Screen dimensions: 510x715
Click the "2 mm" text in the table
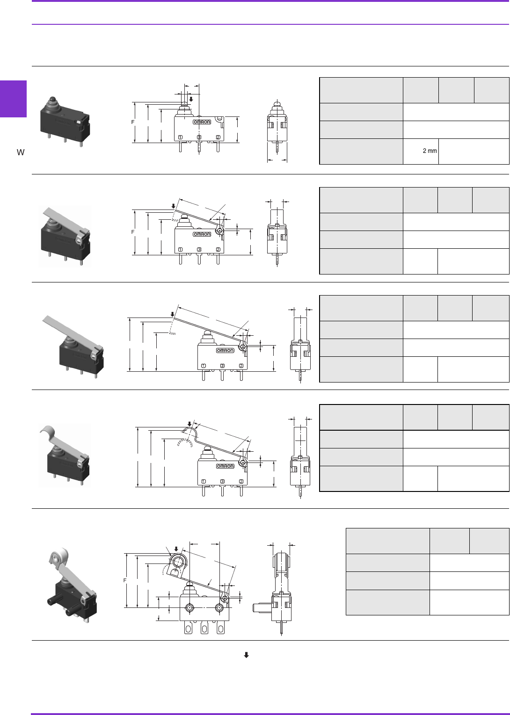pyautogui.click(x=430, y=151)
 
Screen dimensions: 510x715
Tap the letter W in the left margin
pyautogui.click(x=21, y=152)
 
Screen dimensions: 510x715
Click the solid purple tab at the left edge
pyautogui.click(x=13, y=99)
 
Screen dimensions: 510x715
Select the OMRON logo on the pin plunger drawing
pyautogui.click(x=202, y=122)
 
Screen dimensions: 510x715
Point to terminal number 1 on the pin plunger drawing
pyautogui.click(x=180, y=137)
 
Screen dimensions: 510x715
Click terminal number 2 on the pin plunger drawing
pyautogui.click(x=218, y=137)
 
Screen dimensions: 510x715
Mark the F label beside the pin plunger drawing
pyautogui.click(x=133, y=122)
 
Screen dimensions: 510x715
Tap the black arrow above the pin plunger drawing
pyautogui.click(x=191, y=99)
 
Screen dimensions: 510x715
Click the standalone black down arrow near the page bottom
pyautogui.click(x=246, y=655)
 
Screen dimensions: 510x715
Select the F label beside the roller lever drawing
pyautogui.click(x=125, y=580)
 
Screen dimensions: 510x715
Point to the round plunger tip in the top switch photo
pyautogui.click(x=52, y=100)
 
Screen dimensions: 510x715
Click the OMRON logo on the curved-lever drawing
pyautogui.click(x=225, y=466)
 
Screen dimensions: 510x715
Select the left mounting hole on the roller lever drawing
pyautogui.click(x=189, y=608)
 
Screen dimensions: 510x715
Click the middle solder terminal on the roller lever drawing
pyautogui.click(x=204, y=628)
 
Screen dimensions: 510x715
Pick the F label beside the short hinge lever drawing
pyautogui.click(x=133, y=232)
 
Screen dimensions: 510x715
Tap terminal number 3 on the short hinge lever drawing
pyautogui.click(x=199, y=249)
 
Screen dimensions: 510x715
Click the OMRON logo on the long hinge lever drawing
pyautogui.click(x=225, y=350)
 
